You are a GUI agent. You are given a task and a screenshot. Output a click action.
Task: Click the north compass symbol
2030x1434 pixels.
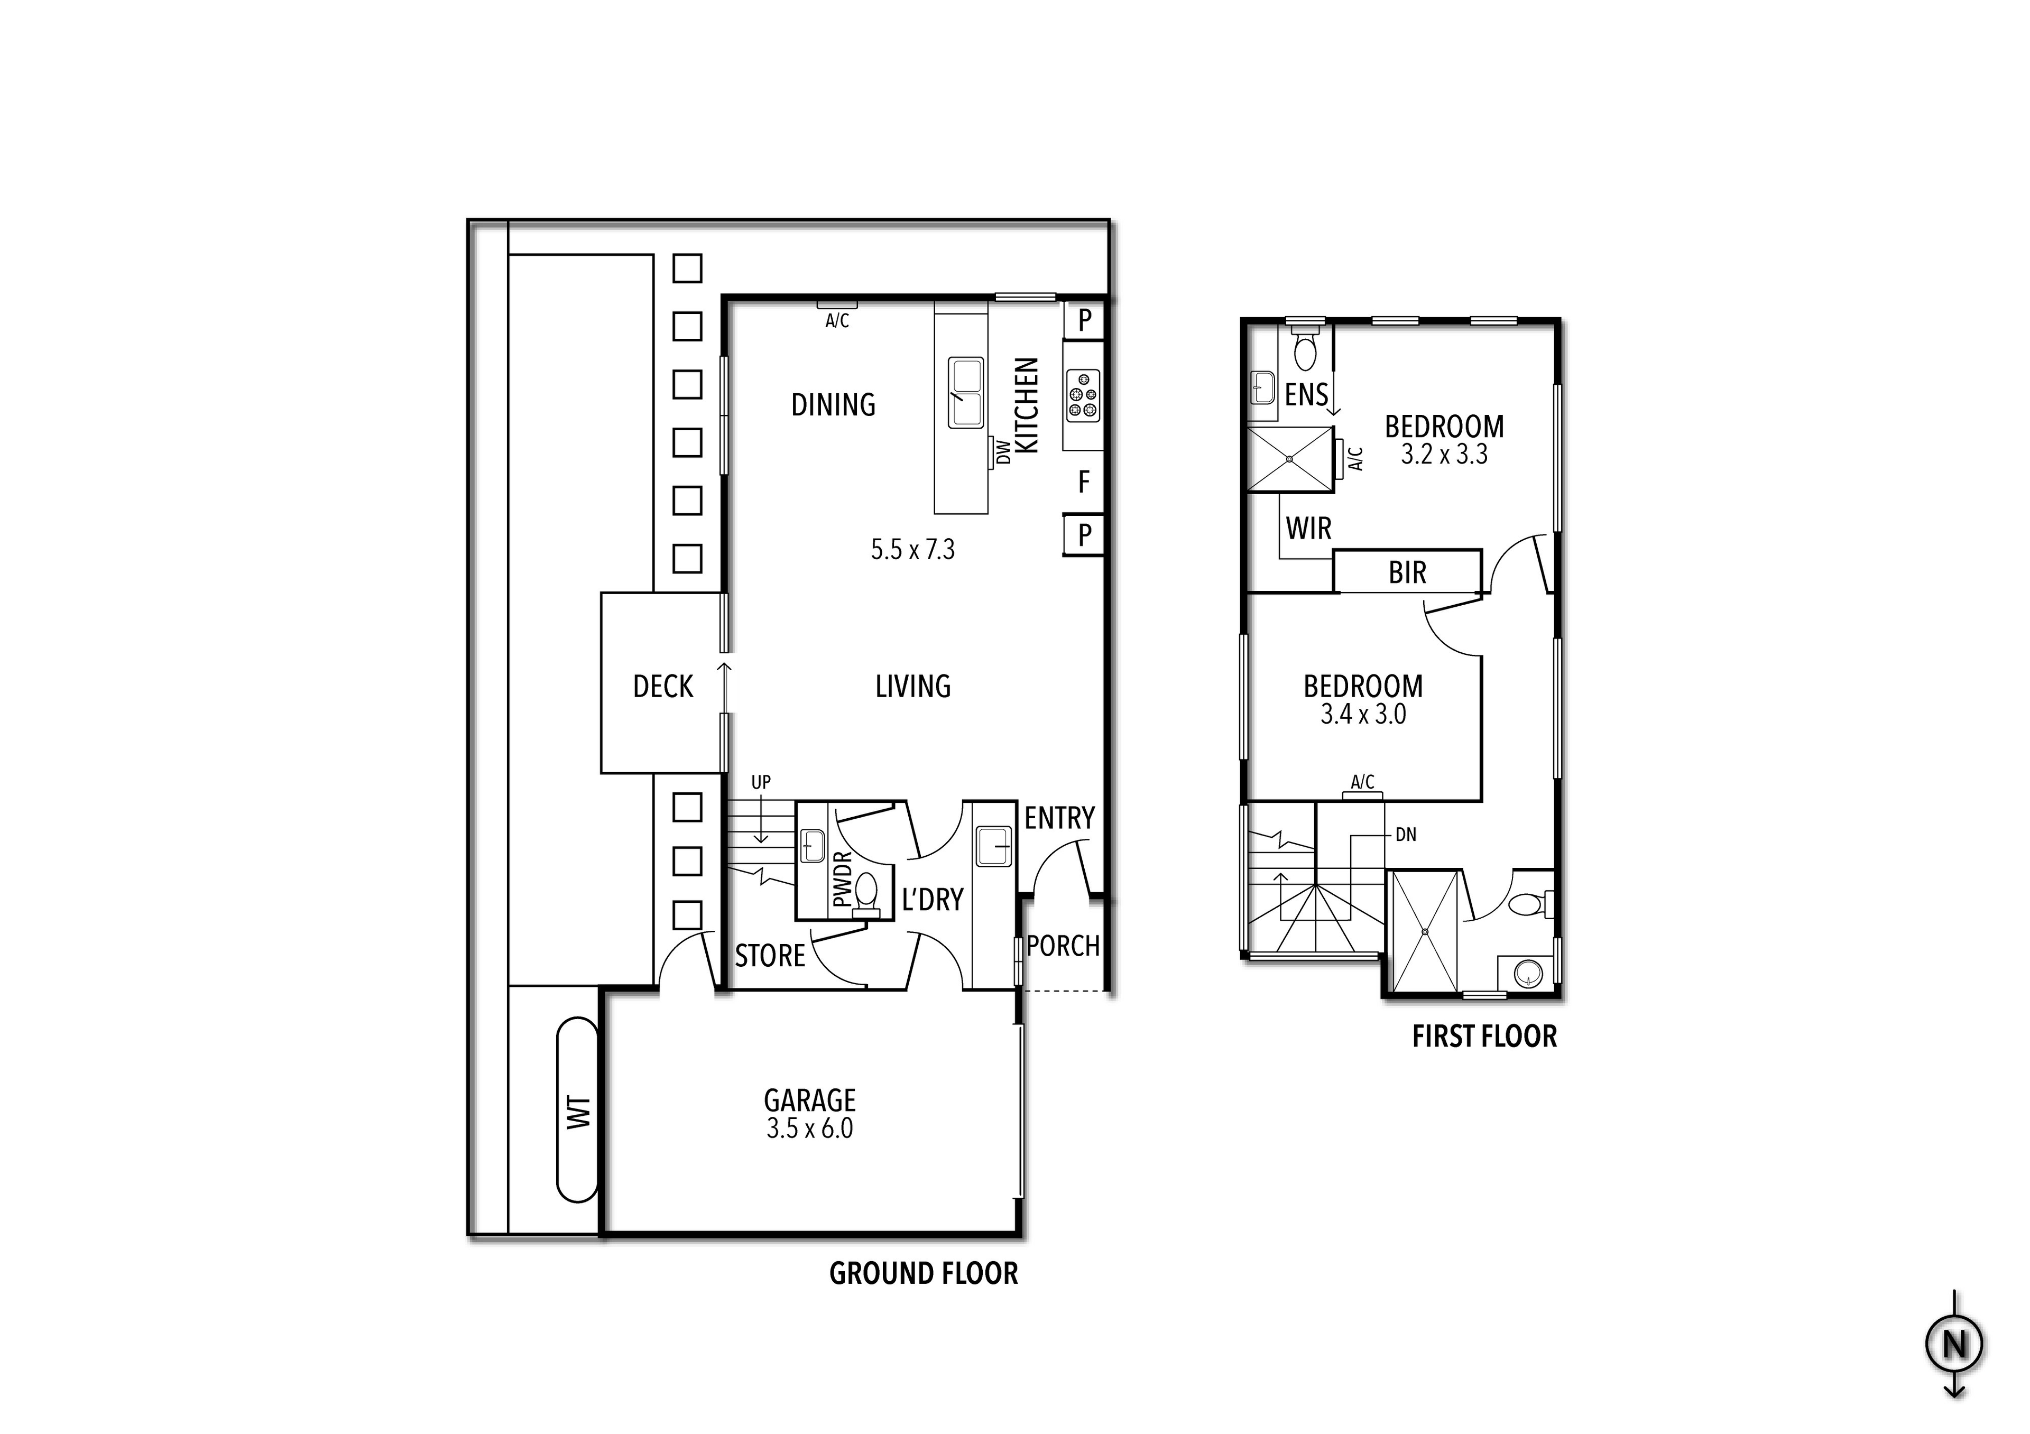click(1954, 1345)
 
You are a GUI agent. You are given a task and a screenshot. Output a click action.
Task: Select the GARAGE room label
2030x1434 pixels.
click(810, 1100)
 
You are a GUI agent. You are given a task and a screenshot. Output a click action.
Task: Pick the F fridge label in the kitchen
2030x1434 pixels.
click(1084, 482)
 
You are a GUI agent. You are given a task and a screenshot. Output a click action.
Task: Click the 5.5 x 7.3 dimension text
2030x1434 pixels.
click(912, 550)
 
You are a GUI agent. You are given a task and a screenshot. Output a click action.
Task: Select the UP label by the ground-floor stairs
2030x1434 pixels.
click(760, 782)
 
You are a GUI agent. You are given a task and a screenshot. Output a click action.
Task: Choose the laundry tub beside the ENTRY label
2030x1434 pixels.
click(994, 846)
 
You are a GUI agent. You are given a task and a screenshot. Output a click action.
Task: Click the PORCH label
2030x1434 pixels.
click(1063, 946)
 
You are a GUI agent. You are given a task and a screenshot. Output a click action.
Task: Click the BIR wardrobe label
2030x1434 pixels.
click(1407, 573)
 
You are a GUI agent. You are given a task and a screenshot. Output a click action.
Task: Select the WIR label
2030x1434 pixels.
click(1308, 529)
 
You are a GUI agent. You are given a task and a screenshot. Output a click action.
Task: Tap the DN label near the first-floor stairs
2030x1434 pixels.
click(1406, 835)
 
